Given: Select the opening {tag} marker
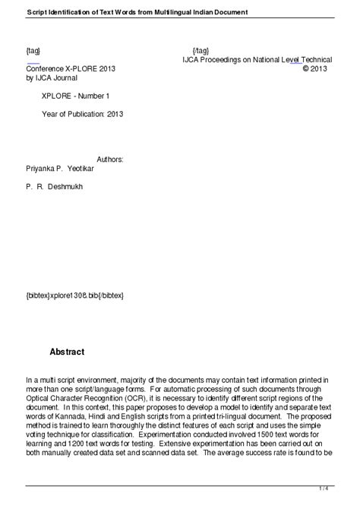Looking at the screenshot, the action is (x=33, y=49).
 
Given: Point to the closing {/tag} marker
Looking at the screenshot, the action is (x=203, y=49).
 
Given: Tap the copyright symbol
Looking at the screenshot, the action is (x=305, y=68).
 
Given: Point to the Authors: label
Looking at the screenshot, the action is (x=106, y=160).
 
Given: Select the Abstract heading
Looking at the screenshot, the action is (x=67, y=352).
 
